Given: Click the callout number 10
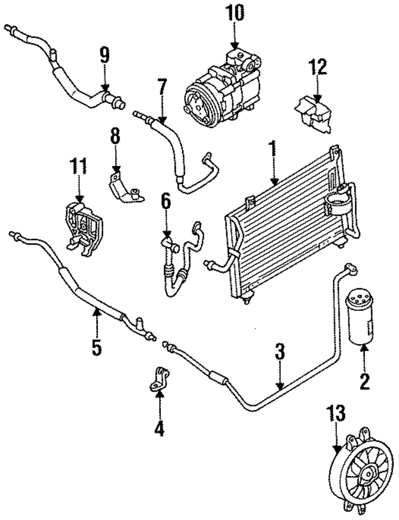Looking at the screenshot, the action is (235, 13).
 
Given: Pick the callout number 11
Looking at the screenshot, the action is (78, 167).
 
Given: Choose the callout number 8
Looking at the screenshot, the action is (115, 136).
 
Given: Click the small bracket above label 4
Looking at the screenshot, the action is (159, 384).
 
